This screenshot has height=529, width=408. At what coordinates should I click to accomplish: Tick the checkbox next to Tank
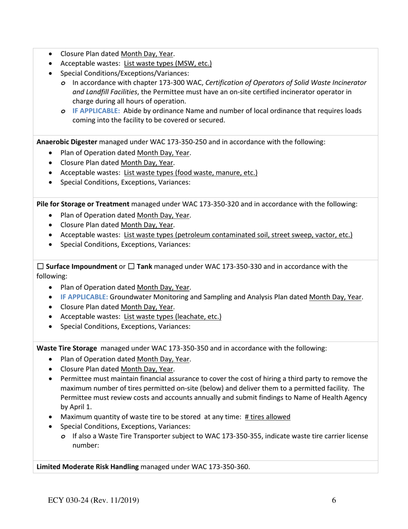[x=131, y=267]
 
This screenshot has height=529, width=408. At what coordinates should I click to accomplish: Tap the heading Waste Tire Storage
[x=67, y=348]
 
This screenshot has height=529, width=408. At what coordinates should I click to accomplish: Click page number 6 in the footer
[x=334, y=500]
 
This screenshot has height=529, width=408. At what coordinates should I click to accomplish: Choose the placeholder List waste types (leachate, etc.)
[x=173, y=317]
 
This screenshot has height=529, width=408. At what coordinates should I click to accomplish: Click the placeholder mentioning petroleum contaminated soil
[x=238, y=235]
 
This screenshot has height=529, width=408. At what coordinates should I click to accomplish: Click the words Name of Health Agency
[x=329, y=397]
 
